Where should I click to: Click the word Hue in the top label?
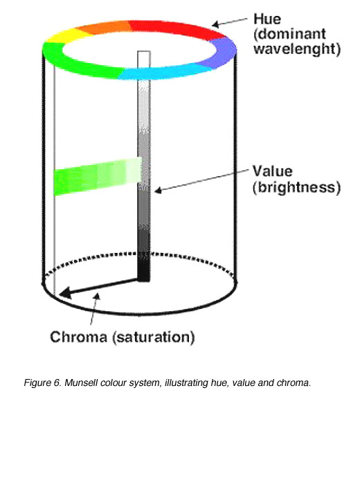tap(267, 19)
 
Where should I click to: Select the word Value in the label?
tap(273, 171)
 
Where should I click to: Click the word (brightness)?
tap(296, 187)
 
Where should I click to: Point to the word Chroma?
tap(78, 337)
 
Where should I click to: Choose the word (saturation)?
tap(154, 337)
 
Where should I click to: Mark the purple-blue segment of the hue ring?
tap(219, 52)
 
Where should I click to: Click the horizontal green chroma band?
tap(98, 176)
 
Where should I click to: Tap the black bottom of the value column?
tap(143, 267)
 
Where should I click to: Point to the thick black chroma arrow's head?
tap(66, 292)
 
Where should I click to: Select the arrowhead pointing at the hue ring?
tap(216, 24)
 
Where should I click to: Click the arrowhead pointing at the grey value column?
tap(158, 191)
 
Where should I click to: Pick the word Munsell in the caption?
tap(81, 383)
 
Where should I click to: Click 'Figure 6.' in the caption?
tap(43, 383)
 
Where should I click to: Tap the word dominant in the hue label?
tap(290, 34)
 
